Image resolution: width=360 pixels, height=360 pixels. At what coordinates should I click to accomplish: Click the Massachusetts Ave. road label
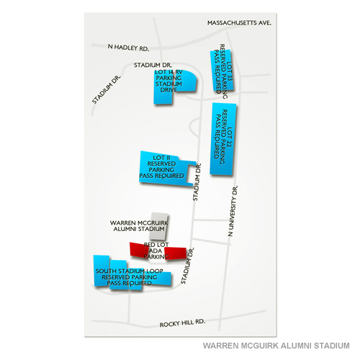[x=238, y=23]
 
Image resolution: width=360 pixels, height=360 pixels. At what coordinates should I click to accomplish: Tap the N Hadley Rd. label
[x=128, y=48]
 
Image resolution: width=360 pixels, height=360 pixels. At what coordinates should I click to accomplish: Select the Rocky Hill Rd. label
[x=184, y=323]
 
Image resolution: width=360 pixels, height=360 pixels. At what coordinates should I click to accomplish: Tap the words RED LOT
[x=156, y=245]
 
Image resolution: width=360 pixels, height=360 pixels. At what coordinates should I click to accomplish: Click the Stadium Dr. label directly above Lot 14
[x=152, y=65]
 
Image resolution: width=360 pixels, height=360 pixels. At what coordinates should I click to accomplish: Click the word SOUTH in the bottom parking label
[x=108, y=271]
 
